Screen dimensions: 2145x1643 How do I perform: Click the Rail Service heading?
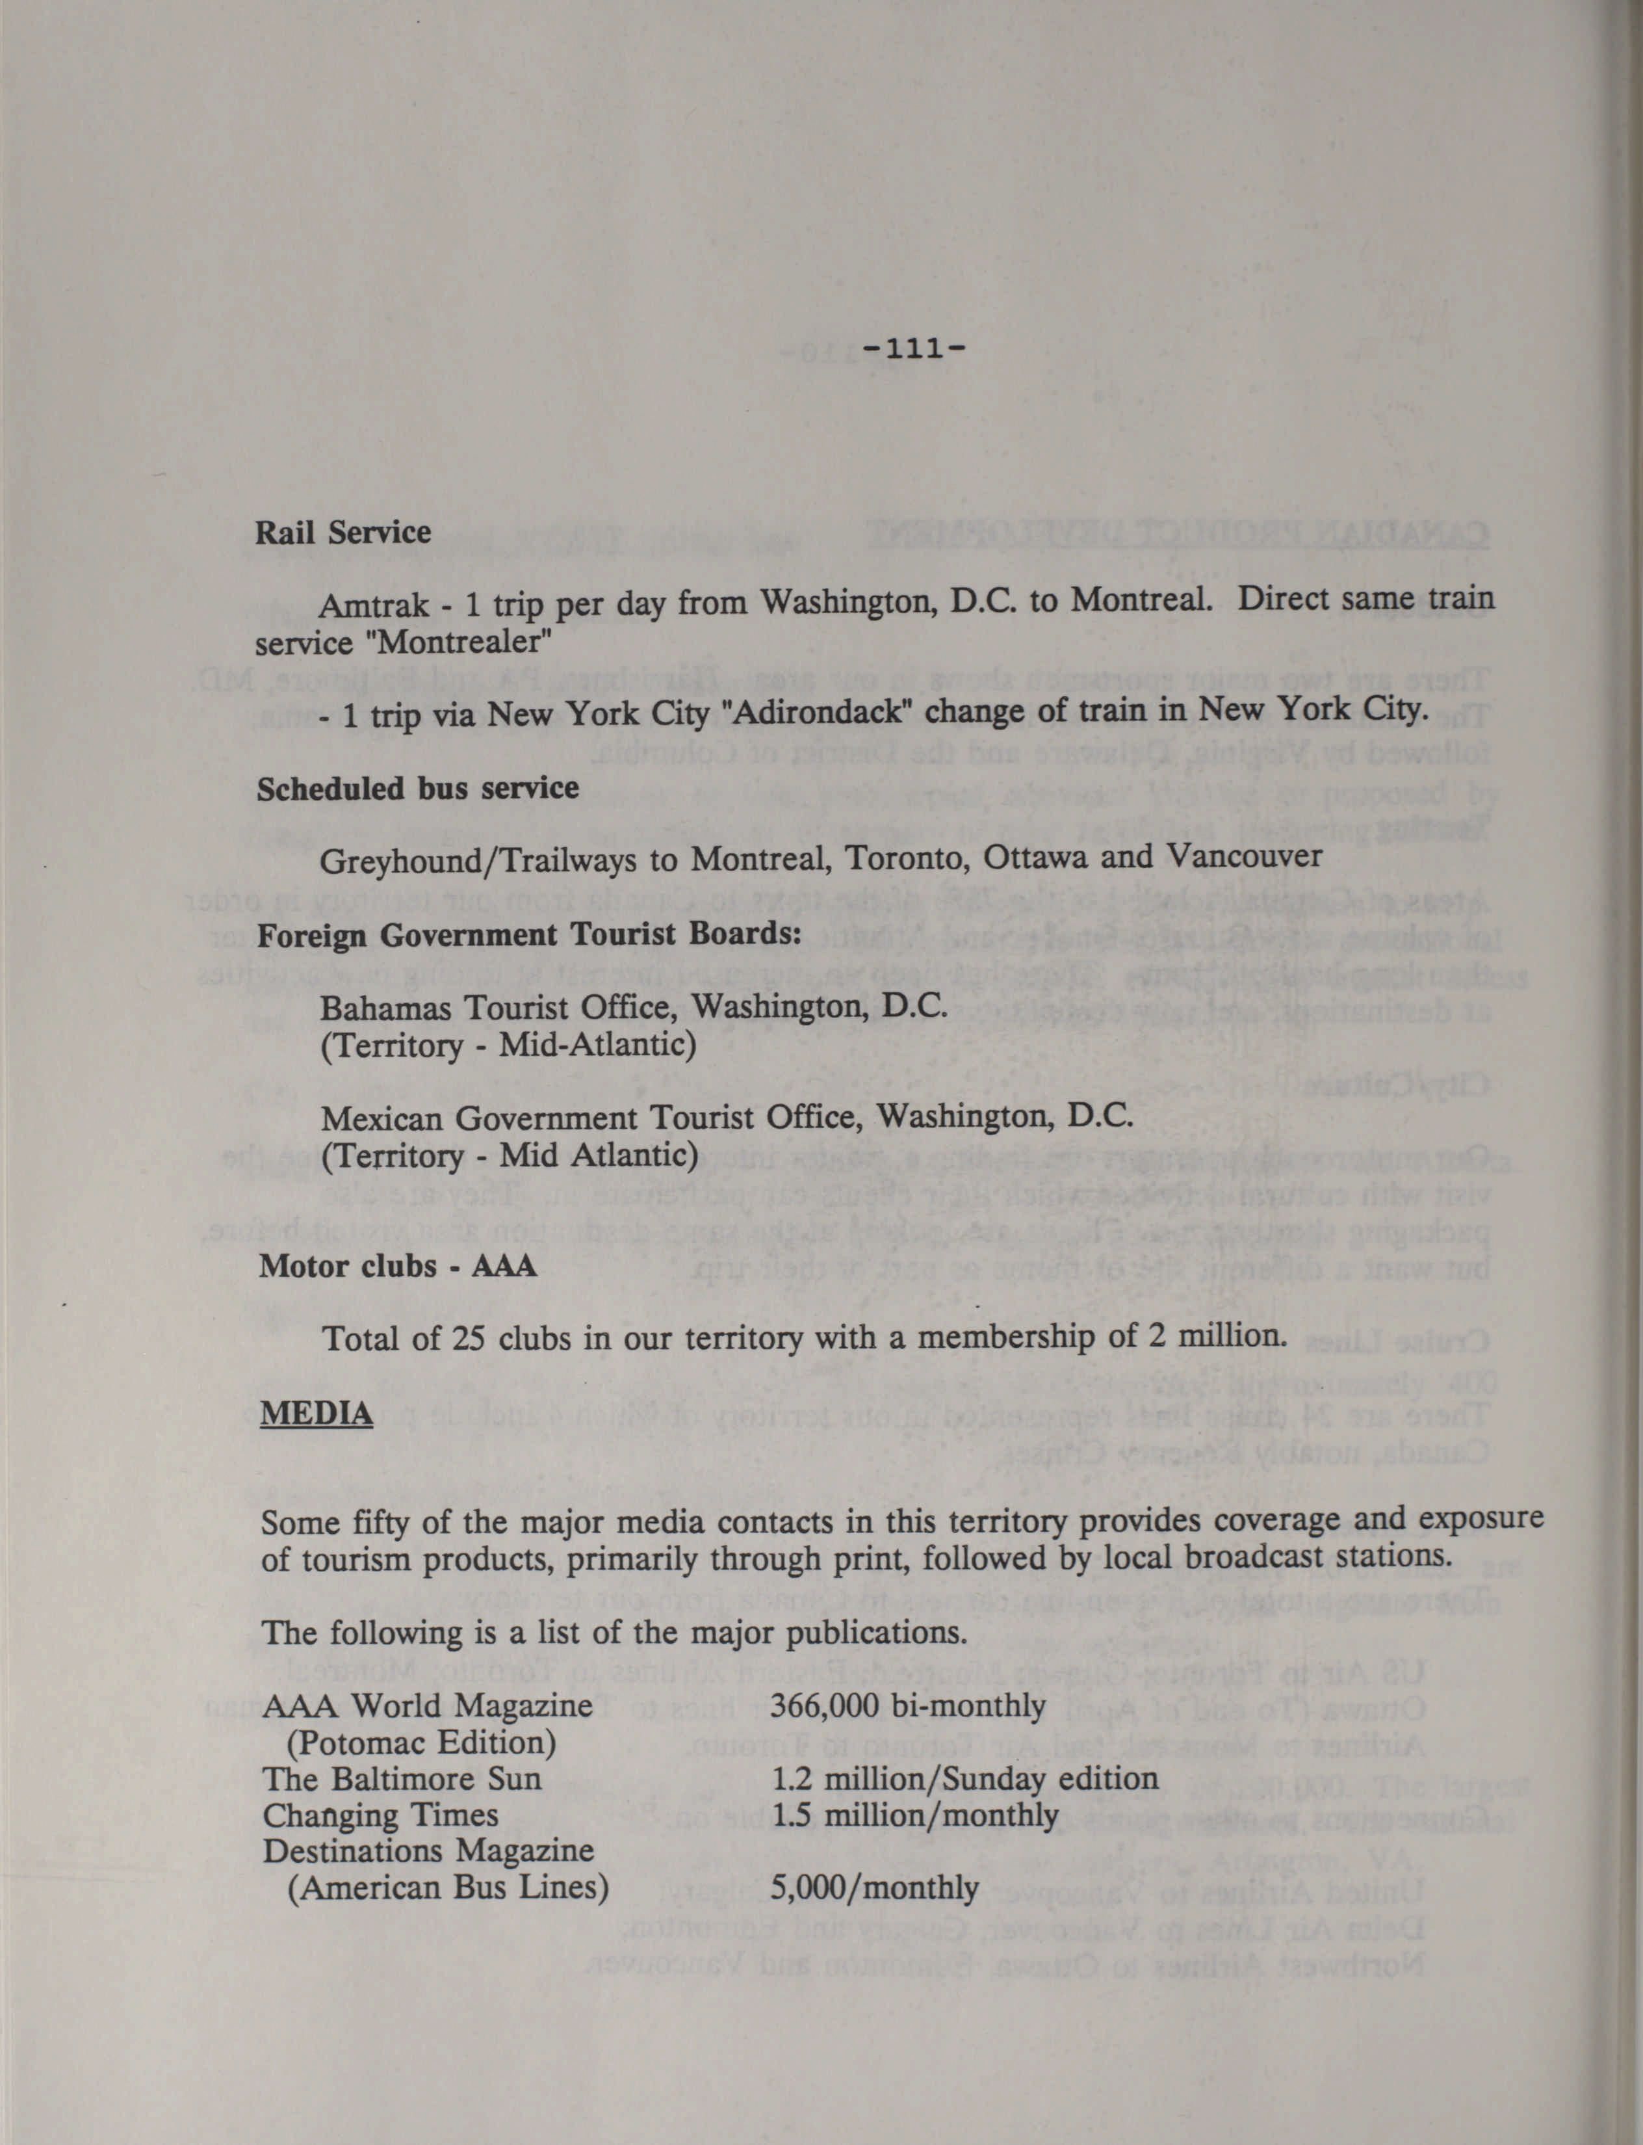343,533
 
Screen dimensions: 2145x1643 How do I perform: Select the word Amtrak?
374,605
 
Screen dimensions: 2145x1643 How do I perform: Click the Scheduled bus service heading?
418,788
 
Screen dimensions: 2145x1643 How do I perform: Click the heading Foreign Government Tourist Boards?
529,934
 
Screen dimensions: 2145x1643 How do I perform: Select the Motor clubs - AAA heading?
397,1267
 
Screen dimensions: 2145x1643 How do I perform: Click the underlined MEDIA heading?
317,1414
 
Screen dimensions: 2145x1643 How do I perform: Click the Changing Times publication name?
380,1815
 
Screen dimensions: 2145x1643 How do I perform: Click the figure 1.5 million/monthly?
914,1815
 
